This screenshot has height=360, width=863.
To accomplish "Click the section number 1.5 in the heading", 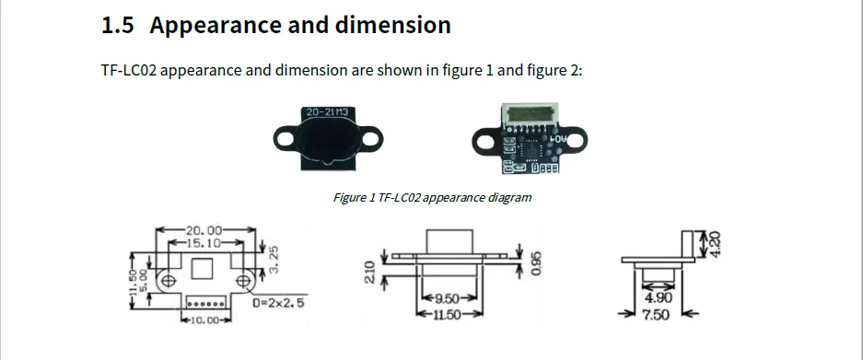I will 118,26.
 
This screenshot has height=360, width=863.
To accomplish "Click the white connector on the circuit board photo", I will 525,119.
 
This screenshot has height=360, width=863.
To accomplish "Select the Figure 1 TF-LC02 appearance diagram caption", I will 432,197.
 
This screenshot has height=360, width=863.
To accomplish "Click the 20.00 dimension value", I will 205,230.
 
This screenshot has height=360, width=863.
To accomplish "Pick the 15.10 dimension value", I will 205,243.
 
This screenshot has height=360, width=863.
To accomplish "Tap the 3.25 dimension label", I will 274,259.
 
